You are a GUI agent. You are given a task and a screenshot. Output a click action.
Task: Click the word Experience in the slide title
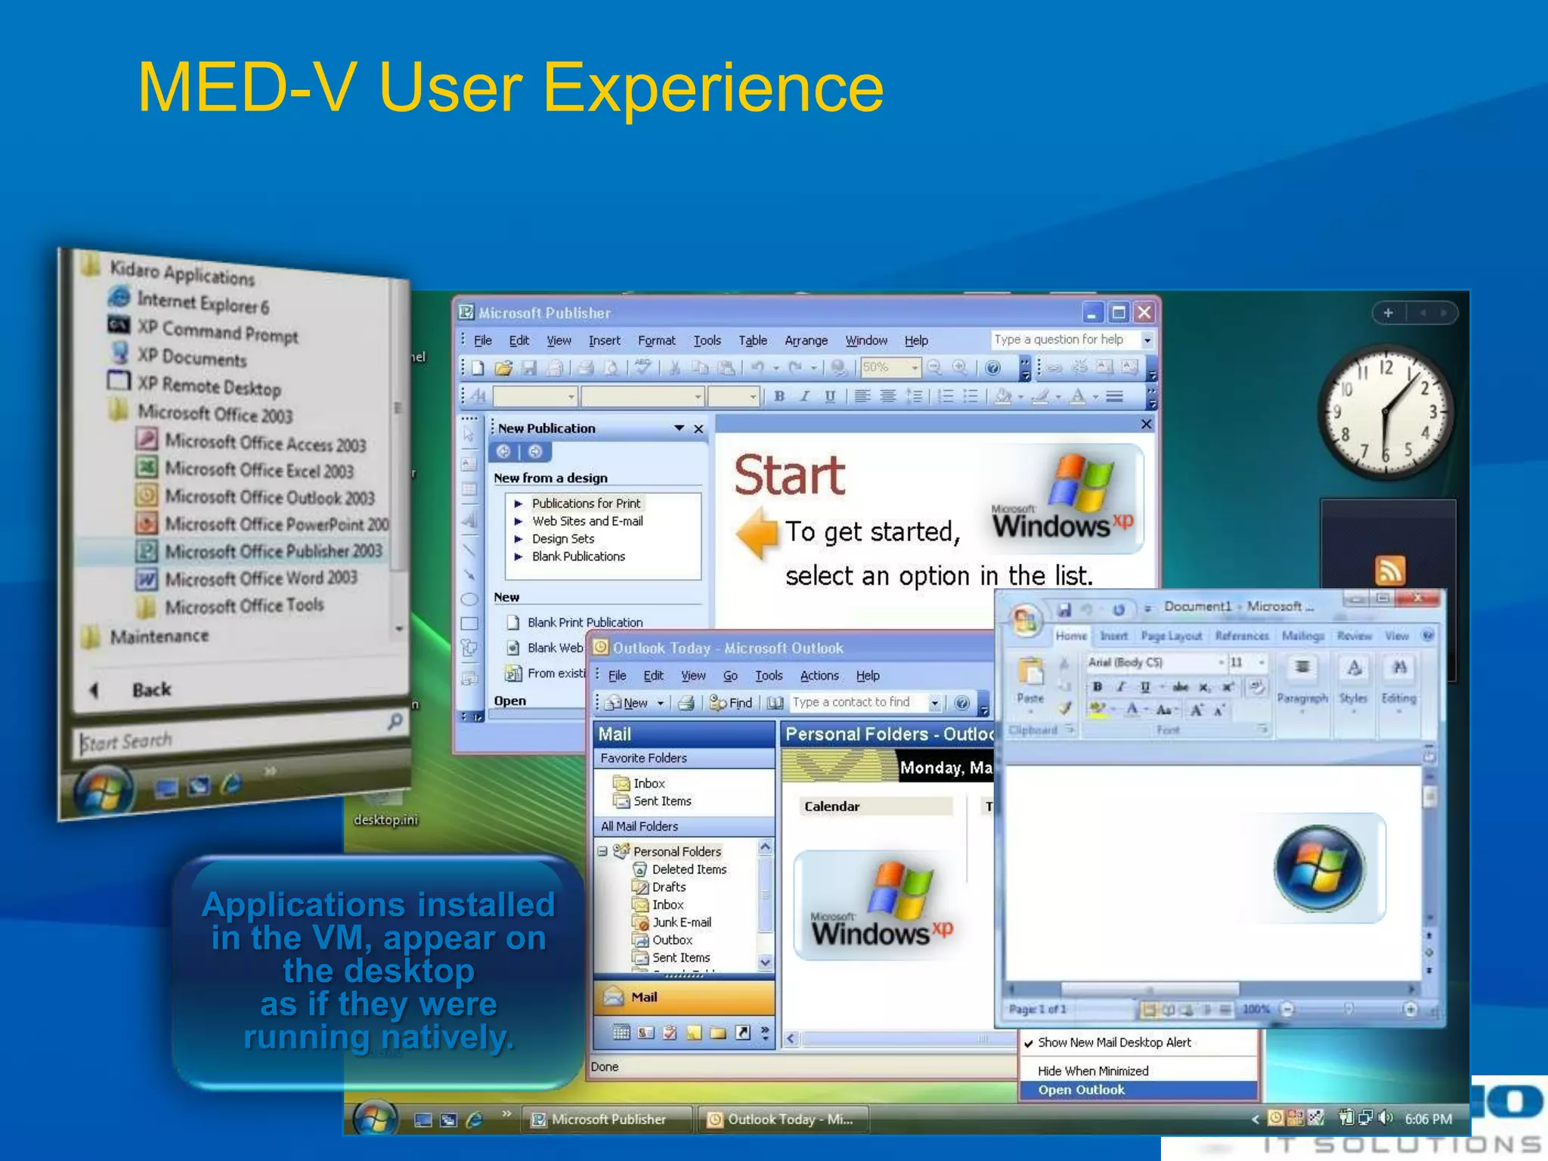pos(713,89)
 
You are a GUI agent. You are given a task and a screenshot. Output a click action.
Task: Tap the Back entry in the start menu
pos(150,689)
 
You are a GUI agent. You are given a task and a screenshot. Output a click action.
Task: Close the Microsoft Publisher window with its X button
pos(1144,312)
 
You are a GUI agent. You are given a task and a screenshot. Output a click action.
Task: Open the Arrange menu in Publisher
pos(806,341)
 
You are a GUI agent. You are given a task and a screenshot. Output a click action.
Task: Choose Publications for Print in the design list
pos(585,503)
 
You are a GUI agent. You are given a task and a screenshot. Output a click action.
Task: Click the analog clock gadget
pos(1385,413)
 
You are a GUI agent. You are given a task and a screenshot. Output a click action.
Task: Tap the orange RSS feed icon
pos(1389,571)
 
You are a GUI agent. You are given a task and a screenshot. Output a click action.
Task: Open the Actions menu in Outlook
pos(819,676)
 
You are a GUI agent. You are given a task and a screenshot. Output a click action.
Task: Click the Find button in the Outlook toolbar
pos(732,703)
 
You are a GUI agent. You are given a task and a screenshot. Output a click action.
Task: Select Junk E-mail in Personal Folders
pos(680,922)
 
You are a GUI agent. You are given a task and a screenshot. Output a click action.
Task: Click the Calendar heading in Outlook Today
pos(831,807)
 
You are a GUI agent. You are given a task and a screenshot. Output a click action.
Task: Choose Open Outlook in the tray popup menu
pos(1081,1090)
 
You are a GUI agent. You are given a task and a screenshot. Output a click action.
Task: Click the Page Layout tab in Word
pos(1171,636)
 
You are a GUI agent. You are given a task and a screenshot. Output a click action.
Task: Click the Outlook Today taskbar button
pos(782,1119)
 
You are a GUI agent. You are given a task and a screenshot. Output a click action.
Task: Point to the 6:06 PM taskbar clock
pos(1428,1119)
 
